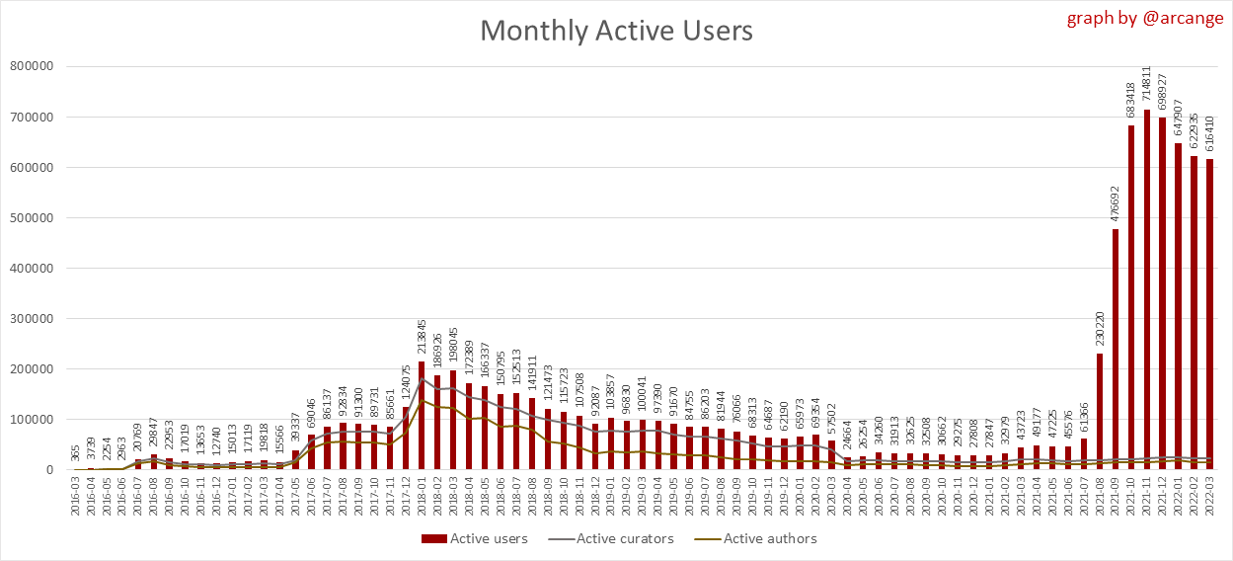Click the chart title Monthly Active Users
pos(616,31)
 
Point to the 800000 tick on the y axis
pos(33,67)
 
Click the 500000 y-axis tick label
pos(33,218)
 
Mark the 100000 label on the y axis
pos(33,420)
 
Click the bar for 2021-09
pos(1116,350)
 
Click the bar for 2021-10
pos(1131,297)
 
